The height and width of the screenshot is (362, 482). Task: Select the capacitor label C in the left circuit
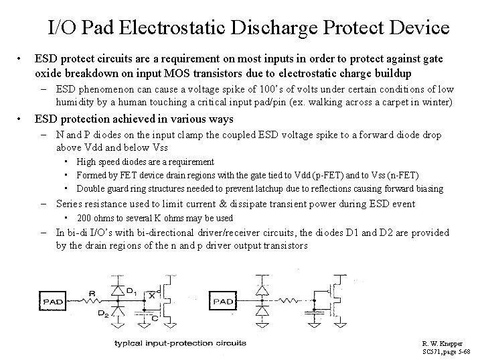pyautogui.click(x=155, y=318)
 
